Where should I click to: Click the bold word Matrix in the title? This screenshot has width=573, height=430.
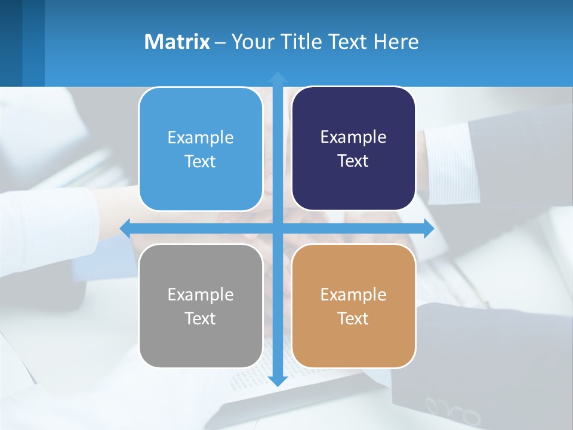point(177,42)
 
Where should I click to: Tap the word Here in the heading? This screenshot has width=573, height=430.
point(396,42)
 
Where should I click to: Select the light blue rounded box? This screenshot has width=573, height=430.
point(201,149)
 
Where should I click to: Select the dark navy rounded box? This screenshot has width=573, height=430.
point(353,149)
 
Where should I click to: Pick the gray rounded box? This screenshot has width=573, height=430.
point(201,306)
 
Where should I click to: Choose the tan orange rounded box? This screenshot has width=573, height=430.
point(353,306)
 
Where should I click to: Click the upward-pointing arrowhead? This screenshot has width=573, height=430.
point(278,78)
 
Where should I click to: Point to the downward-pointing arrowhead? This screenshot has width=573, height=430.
point(278,380)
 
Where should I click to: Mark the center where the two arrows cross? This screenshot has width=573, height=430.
point(278,228)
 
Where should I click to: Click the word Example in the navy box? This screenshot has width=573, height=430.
point(353,137)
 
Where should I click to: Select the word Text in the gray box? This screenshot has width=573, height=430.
point(200,318)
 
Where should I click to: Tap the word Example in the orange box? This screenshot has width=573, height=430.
point(353,294)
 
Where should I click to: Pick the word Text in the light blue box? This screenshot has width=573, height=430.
point(200,161)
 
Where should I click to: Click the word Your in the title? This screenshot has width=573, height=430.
point(248,42)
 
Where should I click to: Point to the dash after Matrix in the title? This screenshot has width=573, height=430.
point(220,42)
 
